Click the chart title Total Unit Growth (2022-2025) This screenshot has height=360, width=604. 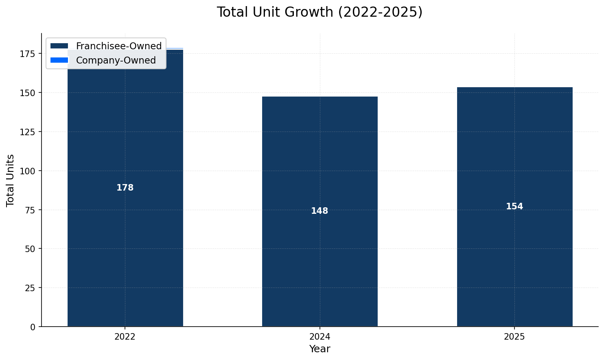click(320, 12)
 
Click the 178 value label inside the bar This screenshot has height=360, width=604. click(125, 188)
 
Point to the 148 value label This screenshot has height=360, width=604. click(320, 211)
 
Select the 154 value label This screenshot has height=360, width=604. click(514, 206)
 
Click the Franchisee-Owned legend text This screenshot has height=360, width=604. click(119, 46)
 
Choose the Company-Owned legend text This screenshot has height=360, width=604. click(116, 60)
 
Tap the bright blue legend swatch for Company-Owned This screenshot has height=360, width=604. click(59, 60)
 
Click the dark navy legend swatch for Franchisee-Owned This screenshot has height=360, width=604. click(59, 46)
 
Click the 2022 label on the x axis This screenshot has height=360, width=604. click(125, 337)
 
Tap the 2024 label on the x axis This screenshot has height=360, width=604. click(320, 337)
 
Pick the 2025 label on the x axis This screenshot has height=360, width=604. click(514, 337)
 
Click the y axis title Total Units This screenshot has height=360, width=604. click(11, 180)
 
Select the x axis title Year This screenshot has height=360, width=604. click(320, 349)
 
